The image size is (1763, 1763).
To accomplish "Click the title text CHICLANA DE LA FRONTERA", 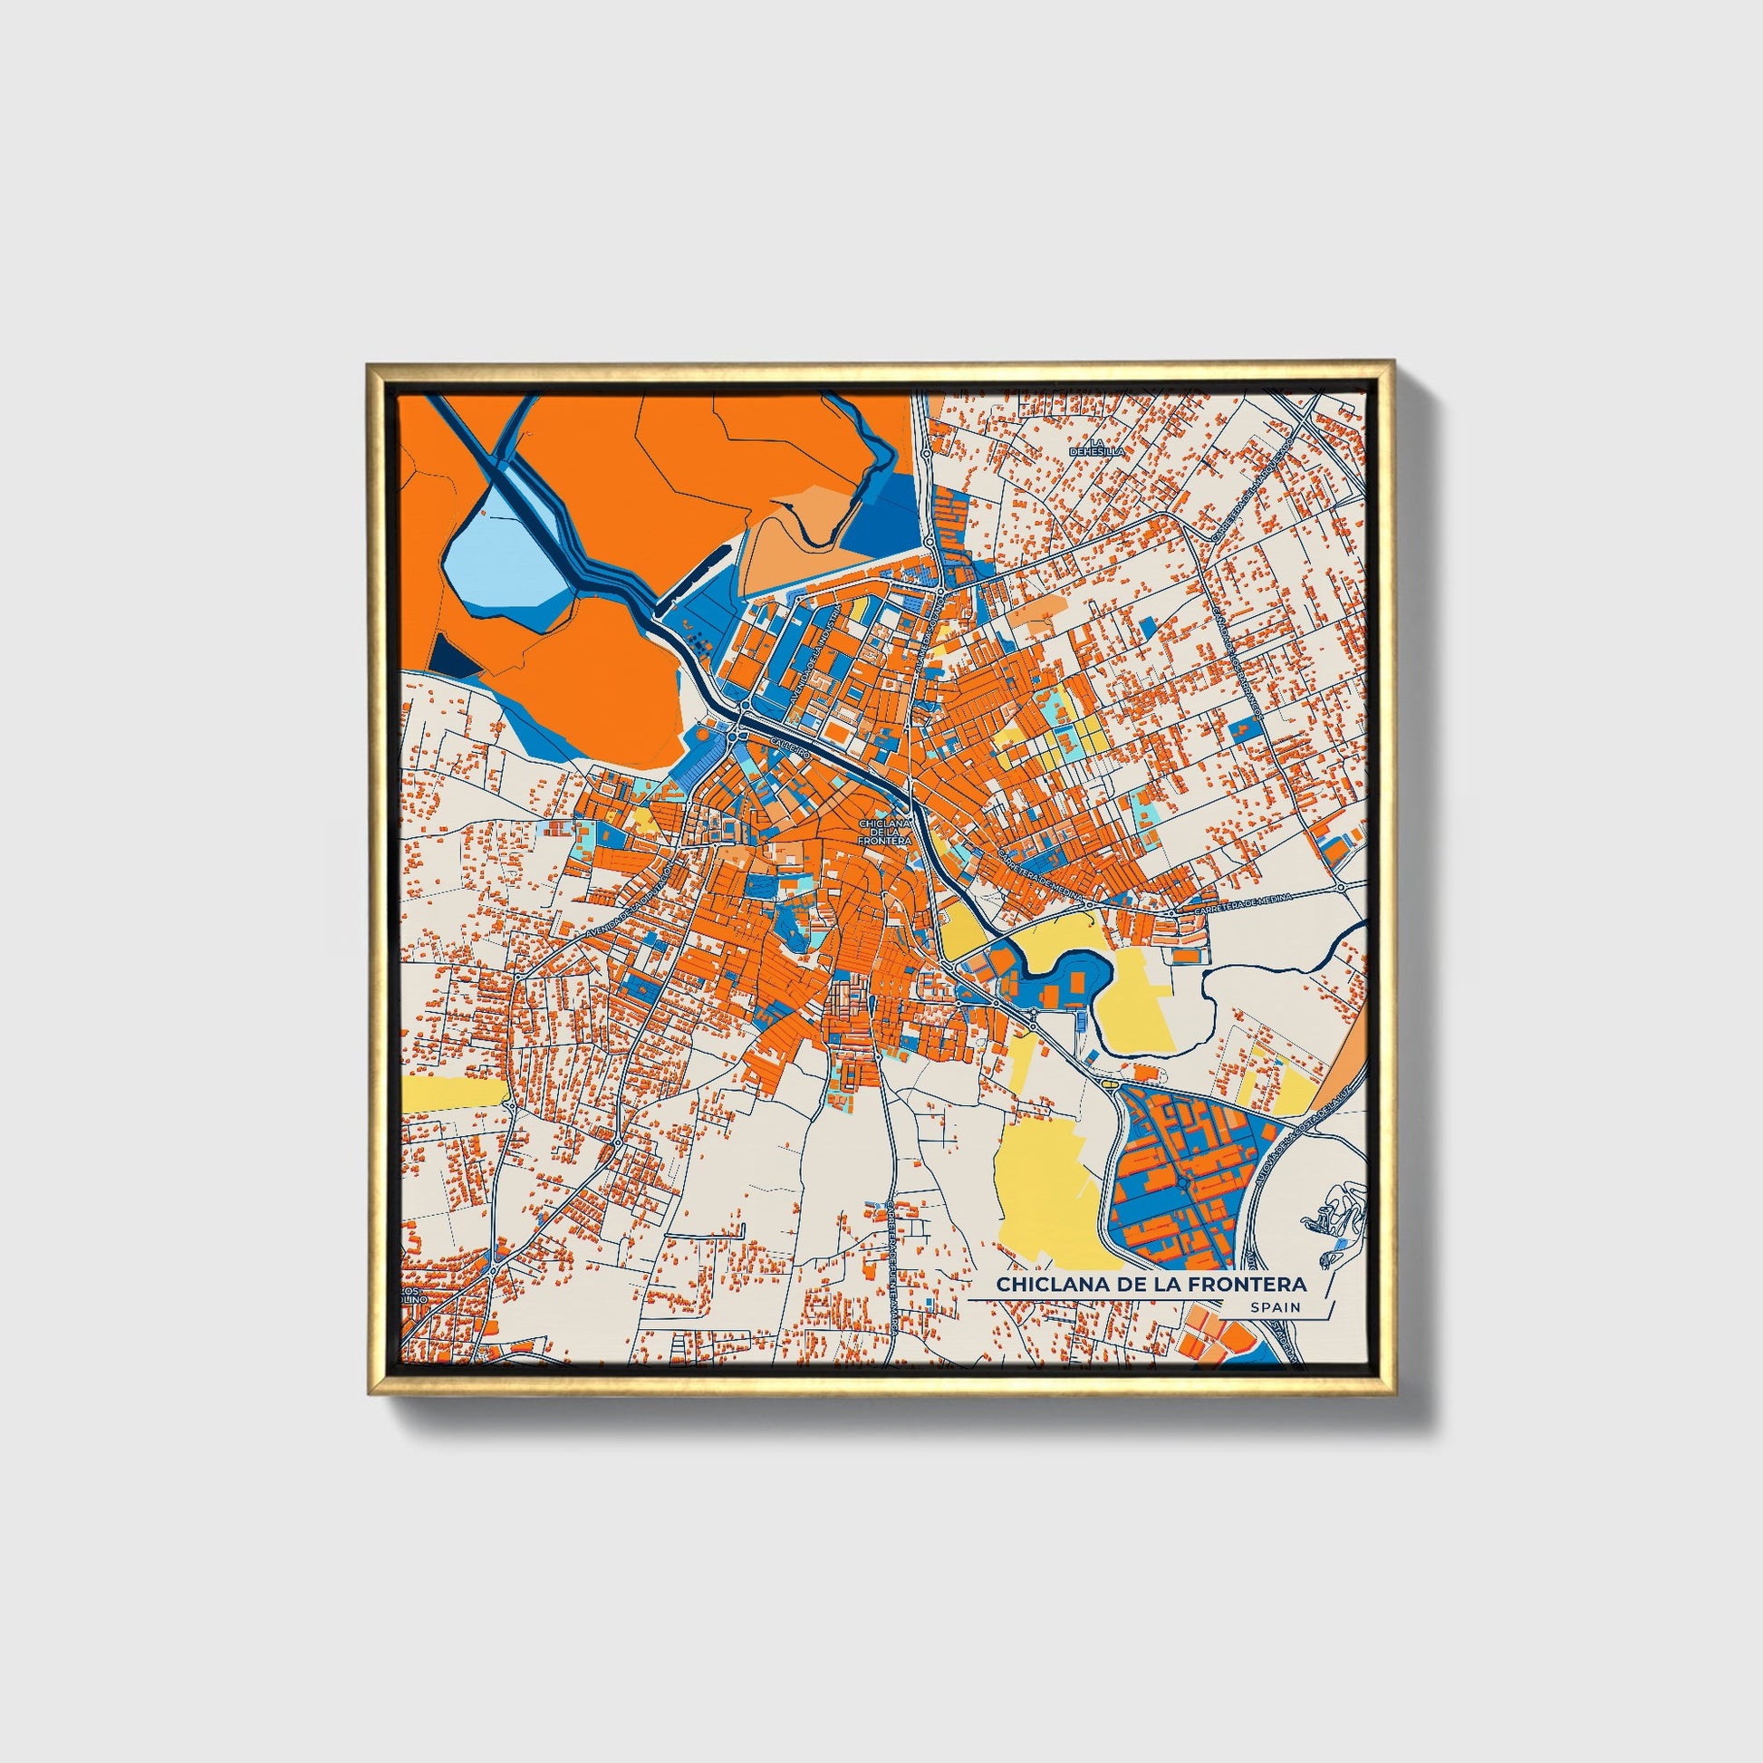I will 1151,1284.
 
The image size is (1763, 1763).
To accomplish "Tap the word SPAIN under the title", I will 1276,1306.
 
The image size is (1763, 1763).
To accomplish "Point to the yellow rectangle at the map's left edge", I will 451,1094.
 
